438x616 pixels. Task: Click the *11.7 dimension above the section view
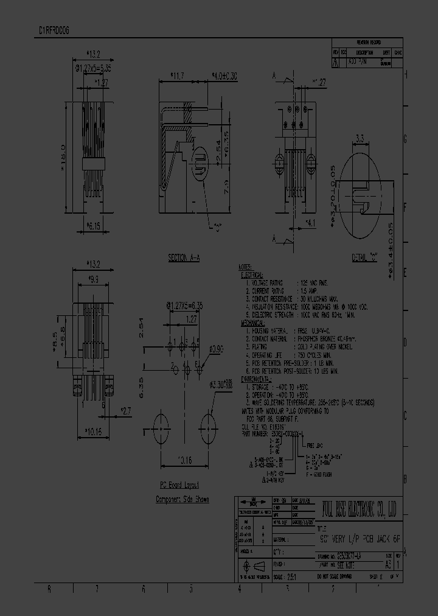point(178,75)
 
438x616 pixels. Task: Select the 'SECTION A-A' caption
point(184,258)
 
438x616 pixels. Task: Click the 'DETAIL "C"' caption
point(364,258)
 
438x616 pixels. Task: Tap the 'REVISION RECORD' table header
point(367,44)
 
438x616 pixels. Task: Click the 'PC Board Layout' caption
point(179,486)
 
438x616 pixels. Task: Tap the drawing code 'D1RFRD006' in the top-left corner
point(54,29)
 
